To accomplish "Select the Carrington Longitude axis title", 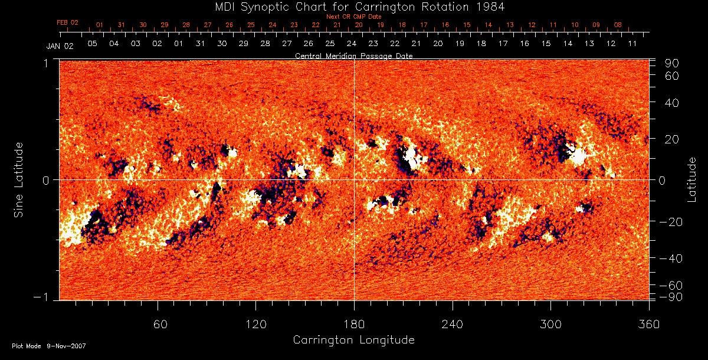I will pos(353,340).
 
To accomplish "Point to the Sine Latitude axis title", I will pos(19,180).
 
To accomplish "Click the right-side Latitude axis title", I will pos(692,179).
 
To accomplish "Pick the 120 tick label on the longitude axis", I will pos(255,325).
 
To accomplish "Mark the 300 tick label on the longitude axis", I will pos(550,325).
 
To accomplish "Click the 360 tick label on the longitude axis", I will pos(648,325).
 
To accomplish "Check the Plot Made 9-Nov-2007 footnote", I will pos(49,346).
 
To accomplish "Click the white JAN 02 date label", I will pos(60,45).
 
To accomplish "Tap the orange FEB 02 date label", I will pos(67,22).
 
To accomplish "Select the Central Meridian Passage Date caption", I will pos(353,55).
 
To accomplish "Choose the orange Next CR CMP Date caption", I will pos(353,17).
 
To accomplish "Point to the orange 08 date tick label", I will pos(618,25).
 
